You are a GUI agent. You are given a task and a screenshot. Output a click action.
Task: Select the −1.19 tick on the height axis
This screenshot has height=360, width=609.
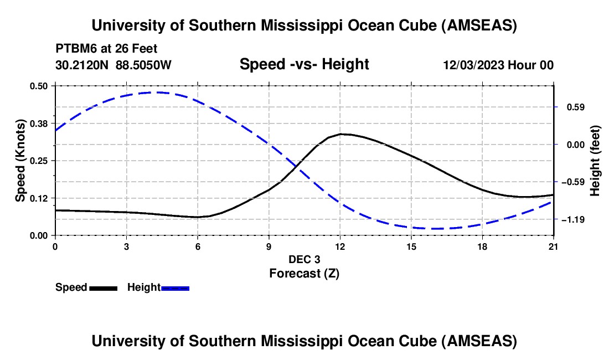pyautogui.click(x=573, y=220)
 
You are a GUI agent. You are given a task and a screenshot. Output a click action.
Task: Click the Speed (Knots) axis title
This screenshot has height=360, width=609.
pyautogui.click(x=20, y=160)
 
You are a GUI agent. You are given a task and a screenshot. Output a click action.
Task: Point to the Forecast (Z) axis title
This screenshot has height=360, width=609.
pyautogui.click(x=304, y=273)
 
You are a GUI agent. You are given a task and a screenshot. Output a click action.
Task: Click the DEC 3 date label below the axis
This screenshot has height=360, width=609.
pyautogui.click(x=304, y=259)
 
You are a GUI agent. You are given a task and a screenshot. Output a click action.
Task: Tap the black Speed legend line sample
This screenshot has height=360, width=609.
pyautogui.click(x=103, y=288)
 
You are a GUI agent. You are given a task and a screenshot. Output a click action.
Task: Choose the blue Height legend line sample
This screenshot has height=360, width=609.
pyautogui.click(x=176, y=288)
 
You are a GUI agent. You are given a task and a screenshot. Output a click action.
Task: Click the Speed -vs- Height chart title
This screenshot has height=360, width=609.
pyautogui.click(x=304, y=65)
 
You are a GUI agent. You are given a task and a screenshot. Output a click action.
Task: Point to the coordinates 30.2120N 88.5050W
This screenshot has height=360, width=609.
pyautogui.click(x=113, y=65)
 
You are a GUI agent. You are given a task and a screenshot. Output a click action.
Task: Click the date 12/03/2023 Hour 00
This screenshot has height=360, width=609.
pyautogui.click(x=498, y=65)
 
